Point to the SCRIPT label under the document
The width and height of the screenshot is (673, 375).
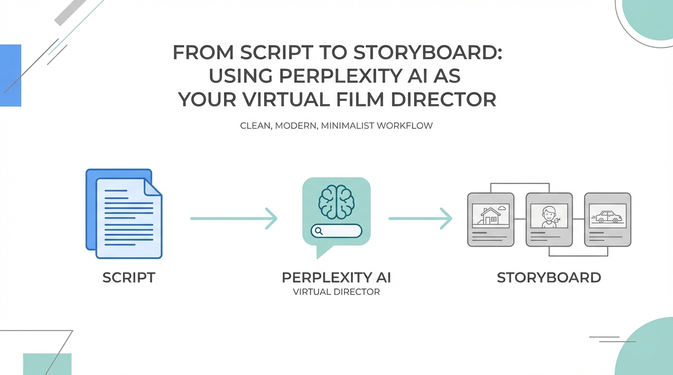(x=129, y=277)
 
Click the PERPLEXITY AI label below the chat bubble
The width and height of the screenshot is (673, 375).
(x=336, y=277)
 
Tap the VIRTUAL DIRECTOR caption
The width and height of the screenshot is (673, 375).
(x=336, y=292)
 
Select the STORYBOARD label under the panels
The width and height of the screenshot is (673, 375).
(x=549, y=277)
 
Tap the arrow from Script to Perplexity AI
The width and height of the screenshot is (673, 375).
(x=234, y=218)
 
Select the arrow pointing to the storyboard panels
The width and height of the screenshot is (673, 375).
(x=420, y=218)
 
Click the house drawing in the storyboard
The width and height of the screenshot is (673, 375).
(x=490, y=215)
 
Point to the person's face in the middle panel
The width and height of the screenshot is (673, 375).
(x=549, y=213)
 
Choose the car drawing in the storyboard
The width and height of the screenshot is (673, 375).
(x=607, y=216)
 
